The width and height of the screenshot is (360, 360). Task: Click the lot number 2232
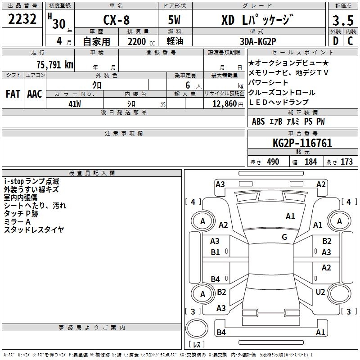(22, 19)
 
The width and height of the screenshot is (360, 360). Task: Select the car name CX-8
(117, 20)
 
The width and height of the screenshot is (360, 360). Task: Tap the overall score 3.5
(343, 20)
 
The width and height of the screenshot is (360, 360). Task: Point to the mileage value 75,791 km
(55, 65)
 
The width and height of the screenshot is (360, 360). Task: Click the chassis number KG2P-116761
(302, 143)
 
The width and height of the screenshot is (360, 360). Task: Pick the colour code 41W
(75, 104)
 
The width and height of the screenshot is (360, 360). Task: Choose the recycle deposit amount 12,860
(224, 104)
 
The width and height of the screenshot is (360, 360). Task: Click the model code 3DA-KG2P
(258, 41)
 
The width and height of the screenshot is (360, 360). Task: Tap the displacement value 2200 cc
(141, 41)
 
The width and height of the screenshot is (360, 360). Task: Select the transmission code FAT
(13, 94)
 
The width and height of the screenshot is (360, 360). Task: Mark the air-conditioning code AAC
(35, 94)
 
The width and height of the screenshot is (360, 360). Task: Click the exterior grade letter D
(336, 41)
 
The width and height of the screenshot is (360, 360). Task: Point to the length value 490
(273, 162)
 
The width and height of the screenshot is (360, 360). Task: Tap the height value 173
(346, 162)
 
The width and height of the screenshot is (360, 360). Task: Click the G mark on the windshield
(284, 237)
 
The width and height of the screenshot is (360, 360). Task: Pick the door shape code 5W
(174, 20)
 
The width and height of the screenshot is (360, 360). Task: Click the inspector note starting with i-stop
(31, 181)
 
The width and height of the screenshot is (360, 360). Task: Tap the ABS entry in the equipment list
(258, 121)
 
